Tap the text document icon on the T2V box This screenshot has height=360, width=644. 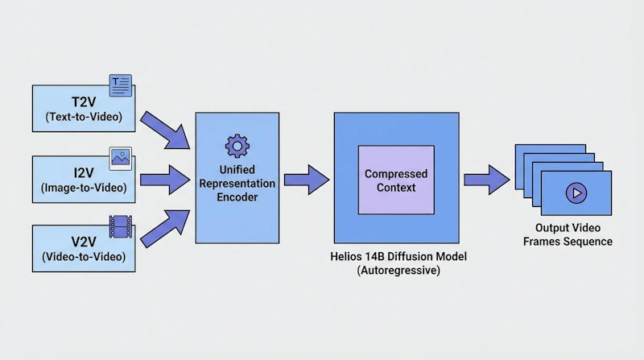click(x=120, y=83)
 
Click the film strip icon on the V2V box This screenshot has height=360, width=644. click(x=122, y=227)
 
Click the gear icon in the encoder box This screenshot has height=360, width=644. click(x=236, y=146)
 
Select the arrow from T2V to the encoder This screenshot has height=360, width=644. click(x=165, y=130)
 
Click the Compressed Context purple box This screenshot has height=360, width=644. click(x=395, y=180)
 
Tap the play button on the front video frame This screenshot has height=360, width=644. click(x=575, y=192)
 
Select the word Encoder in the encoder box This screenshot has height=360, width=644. click(x=237, y=197)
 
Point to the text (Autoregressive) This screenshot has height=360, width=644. click(x=396, y=272)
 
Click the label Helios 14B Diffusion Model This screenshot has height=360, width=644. click(x=396, y=258)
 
